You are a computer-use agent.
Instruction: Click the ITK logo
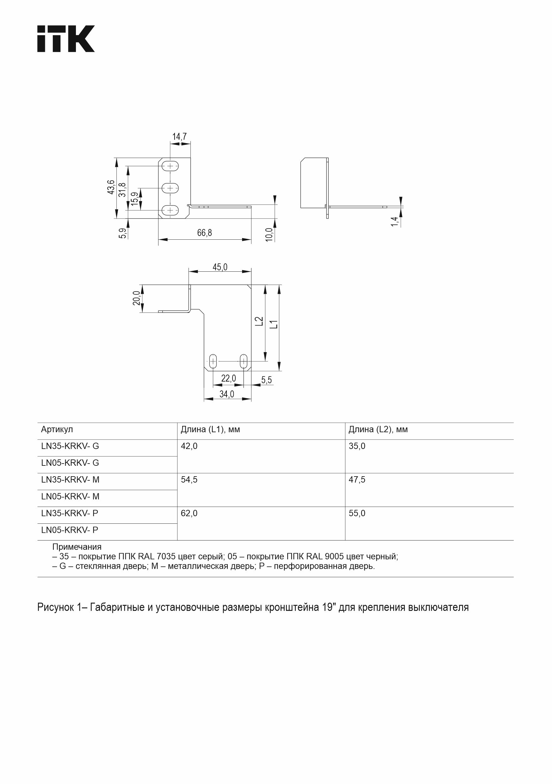(x=66, y=39)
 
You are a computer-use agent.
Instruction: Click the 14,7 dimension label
(x=179, y=136)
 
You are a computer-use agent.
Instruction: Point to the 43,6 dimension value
(x=111, y=187)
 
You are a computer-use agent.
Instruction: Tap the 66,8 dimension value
(x=204, y=233)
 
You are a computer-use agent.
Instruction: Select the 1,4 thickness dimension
(x=394, y=221)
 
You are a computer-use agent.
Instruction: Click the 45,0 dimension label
(x=220, y=267)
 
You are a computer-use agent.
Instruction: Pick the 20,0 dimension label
(x=136, y=298)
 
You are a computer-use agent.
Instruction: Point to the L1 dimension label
(x=274, y=324)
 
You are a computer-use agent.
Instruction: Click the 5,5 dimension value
(x=266, y=380)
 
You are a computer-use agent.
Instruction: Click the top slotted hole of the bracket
(x=170, y=166)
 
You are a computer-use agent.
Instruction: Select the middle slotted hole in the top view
(x=170, y=188)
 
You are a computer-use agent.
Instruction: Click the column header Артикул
(x=57, y=430)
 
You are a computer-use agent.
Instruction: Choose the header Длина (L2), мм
(x=378, y=430)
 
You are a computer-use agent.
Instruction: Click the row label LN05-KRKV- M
(x=70, y=496)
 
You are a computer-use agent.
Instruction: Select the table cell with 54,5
(x=189, y=480)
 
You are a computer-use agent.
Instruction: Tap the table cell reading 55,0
(x=357, y=513)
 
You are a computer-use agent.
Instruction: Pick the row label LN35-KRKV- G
(x=70, y=446)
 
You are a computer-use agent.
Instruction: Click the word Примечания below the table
(x=77, y=547)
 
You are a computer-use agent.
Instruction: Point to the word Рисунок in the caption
(x=55, y=607)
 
